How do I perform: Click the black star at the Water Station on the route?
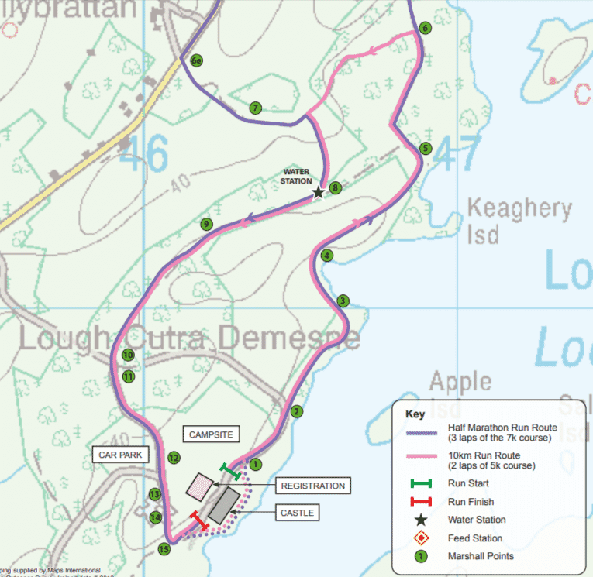click(318, 192)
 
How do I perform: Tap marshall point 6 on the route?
click(424, 28)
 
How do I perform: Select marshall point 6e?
click(197, 60)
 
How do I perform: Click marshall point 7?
click(255, 108)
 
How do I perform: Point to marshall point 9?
click(206, 225)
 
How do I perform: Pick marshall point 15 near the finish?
click(164, 549)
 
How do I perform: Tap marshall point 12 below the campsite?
click(174, 458)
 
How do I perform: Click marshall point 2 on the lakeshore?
click(295, 412)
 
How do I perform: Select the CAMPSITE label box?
click(210, 435)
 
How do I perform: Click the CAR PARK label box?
click(120, 455)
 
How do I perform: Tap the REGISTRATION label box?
click(312, 486)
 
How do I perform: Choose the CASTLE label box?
click(298, 513)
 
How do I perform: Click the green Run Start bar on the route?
click(230, 471)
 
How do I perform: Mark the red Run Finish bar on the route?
click(200, 521)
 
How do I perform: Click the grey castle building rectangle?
click(223, 505)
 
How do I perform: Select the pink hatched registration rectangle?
click(199, 487)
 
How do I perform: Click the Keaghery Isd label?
click(519, 221)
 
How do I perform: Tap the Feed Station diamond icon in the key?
click(420, 538)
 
